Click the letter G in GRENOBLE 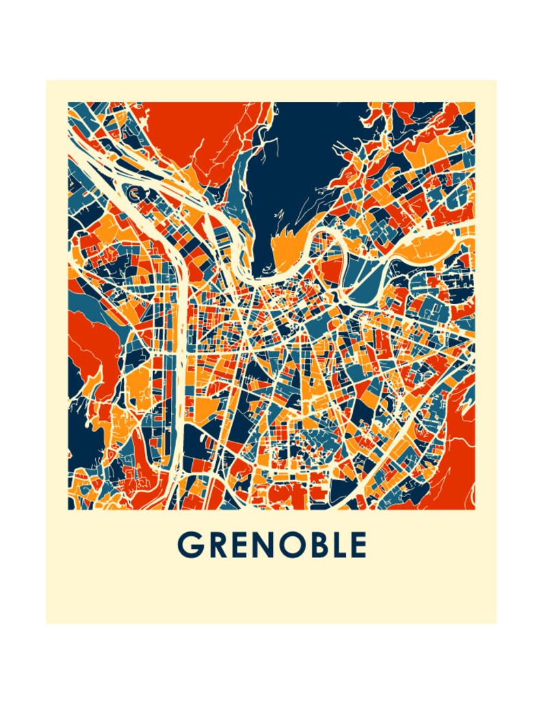[x=189, y=545]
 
